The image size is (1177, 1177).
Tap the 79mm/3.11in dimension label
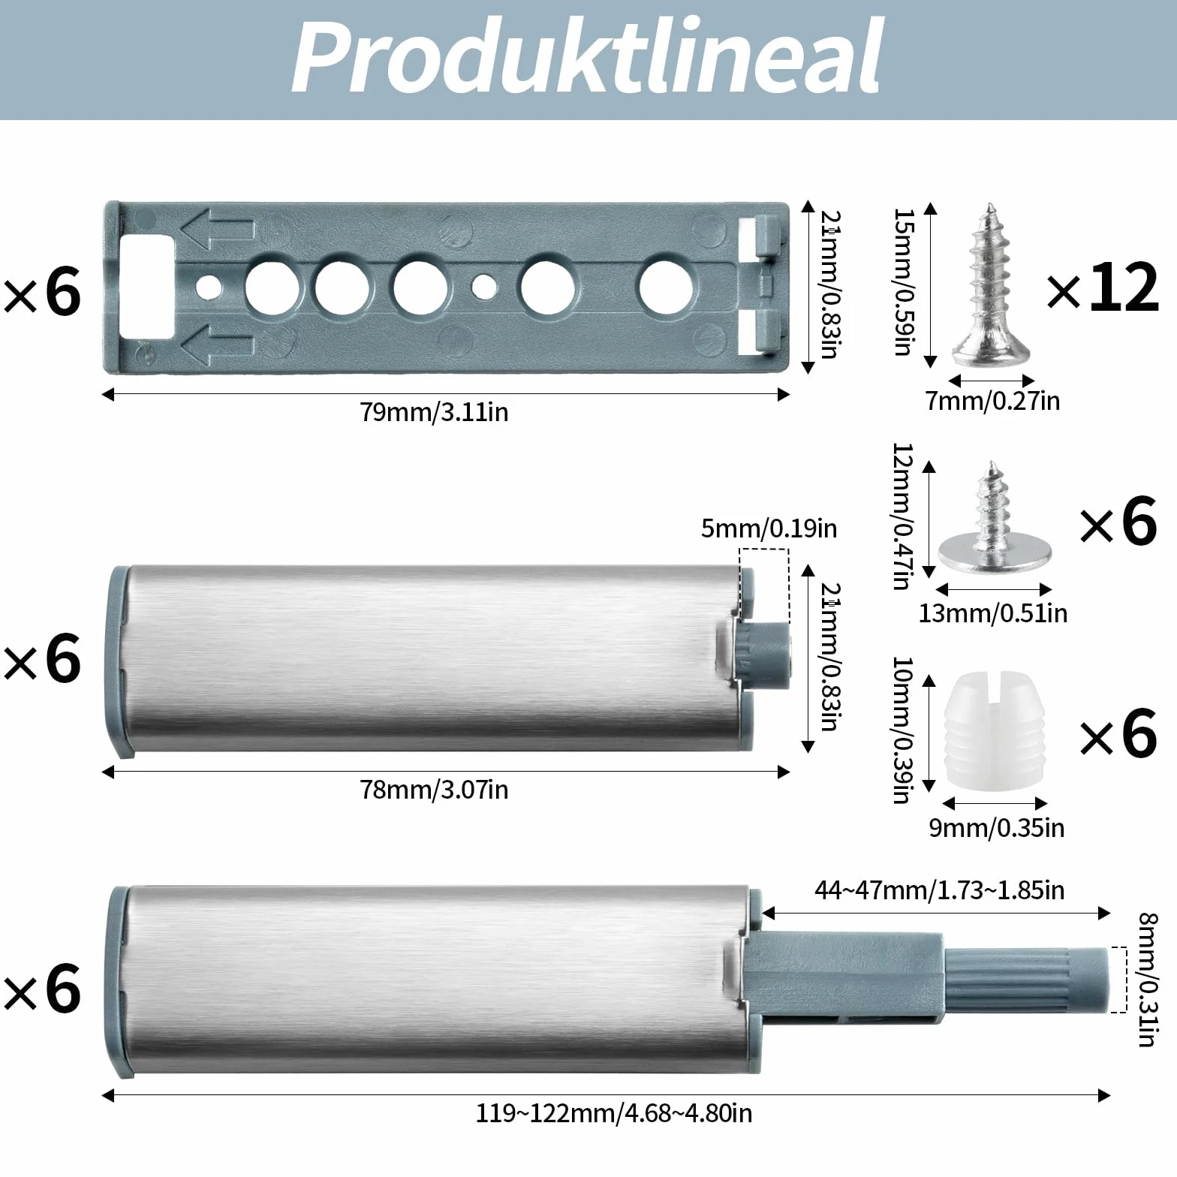click(x=434, y=412)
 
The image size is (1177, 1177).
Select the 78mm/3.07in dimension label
click(x=434, y=790)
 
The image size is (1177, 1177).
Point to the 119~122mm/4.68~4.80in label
click(x=614, y=1112)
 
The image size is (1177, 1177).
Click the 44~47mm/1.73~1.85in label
click(x=939, y=890)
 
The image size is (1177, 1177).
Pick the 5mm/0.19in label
click(x=769, y=528)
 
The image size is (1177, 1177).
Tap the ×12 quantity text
click(x=1103, y=289)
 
